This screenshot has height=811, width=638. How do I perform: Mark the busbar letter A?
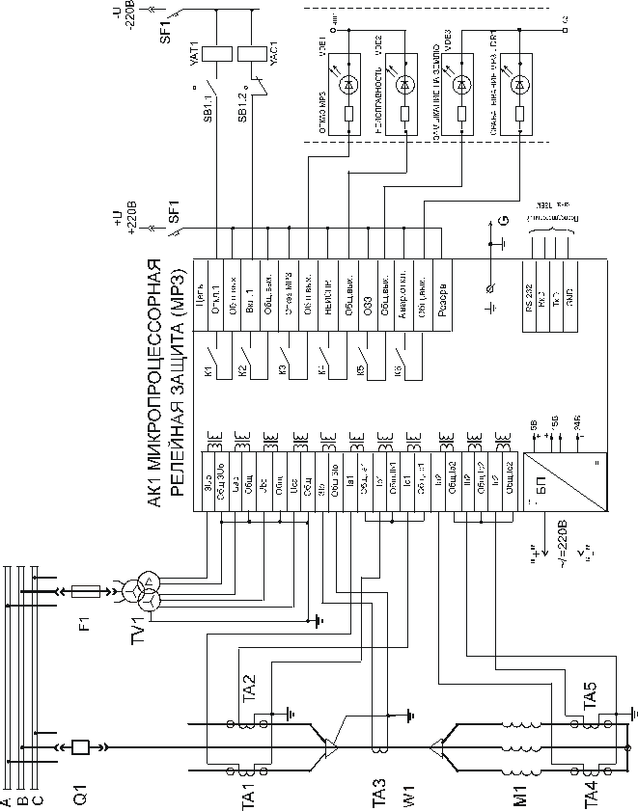pos(7,801)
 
